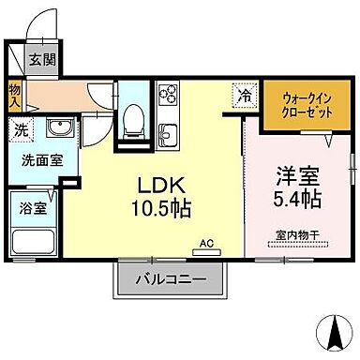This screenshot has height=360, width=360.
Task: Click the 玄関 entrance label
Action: [40, 60]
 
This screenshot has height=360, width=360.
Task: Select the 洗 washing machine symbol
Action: [20, 130]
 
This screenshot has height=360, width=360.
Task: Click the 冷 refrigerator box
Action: [244, 96]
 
